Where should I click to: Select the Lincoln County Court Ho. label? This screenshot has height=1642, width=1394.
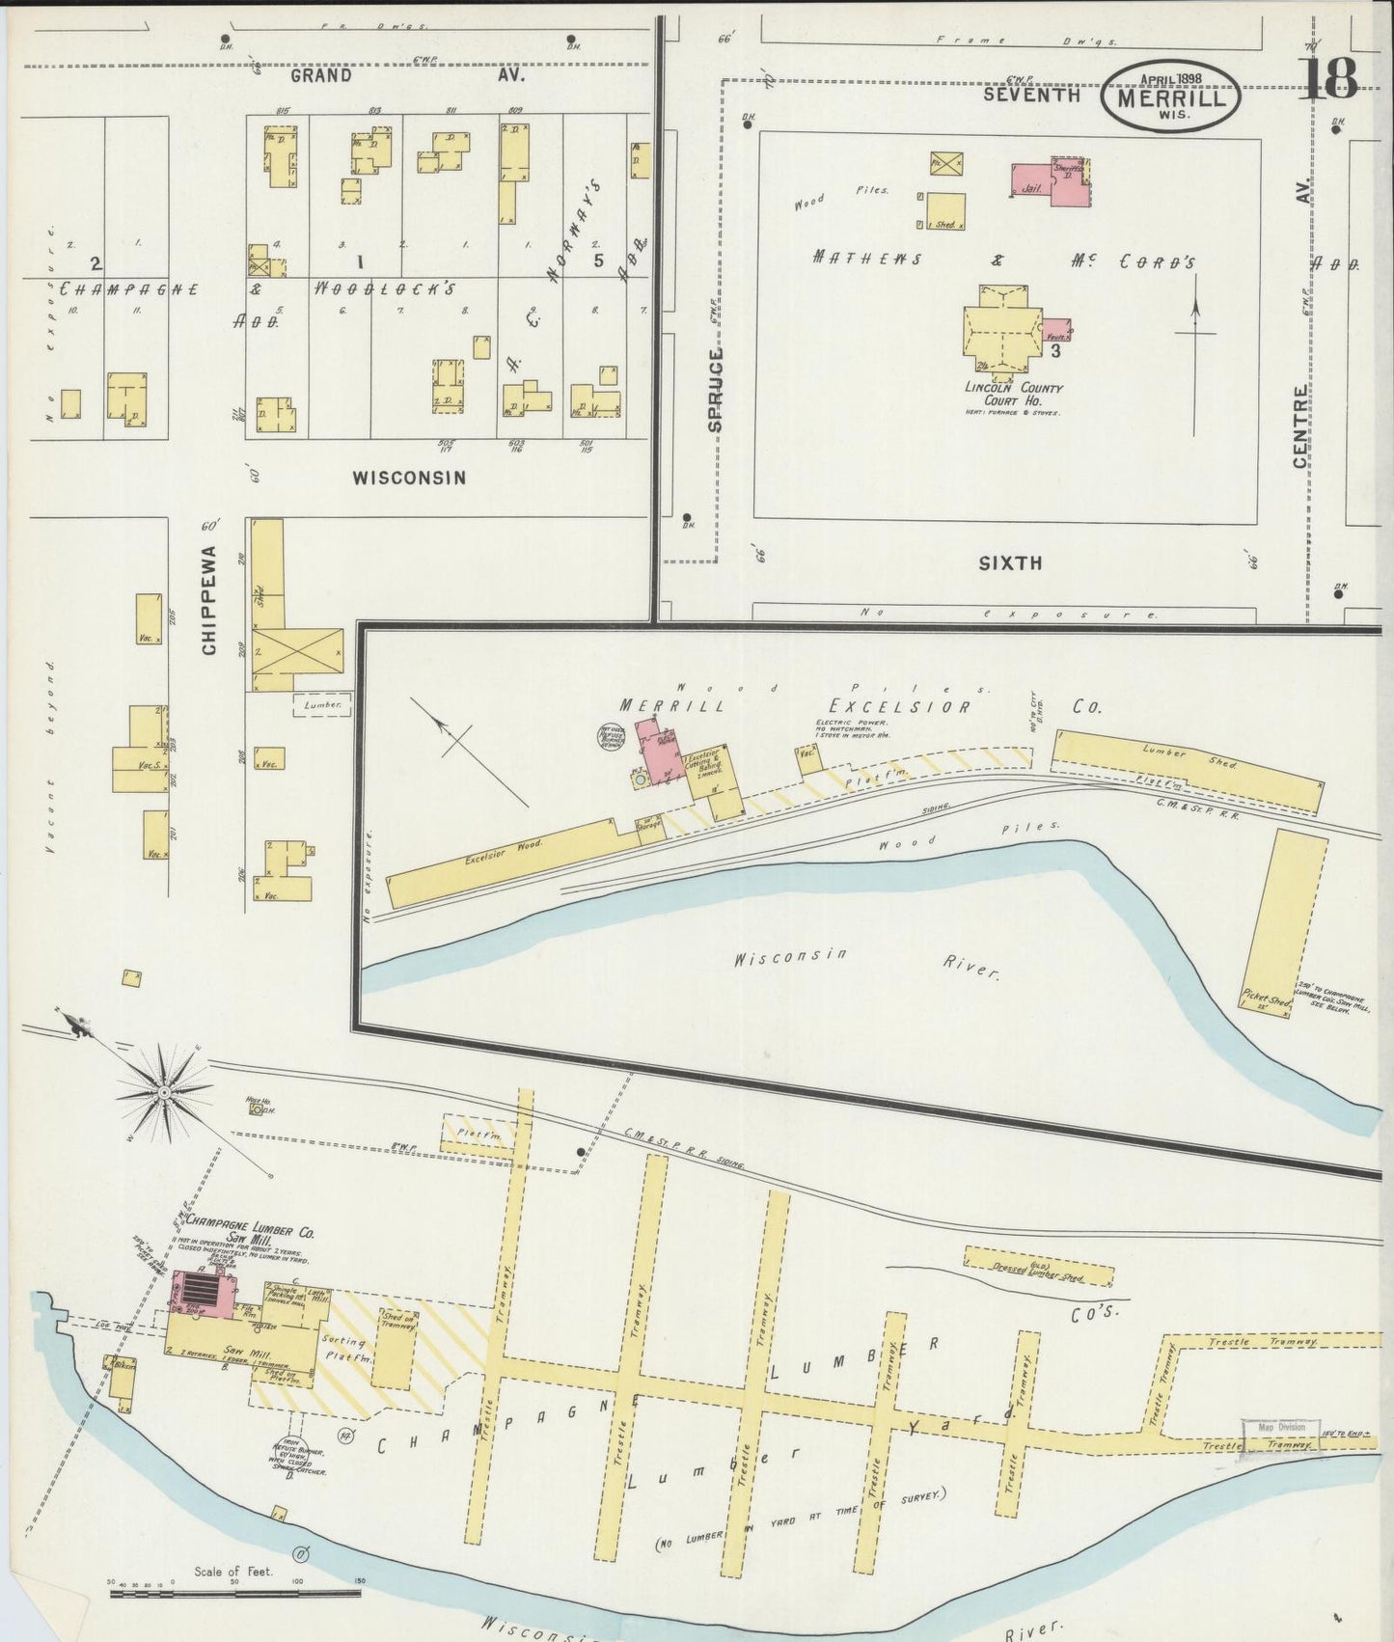(1014, 395)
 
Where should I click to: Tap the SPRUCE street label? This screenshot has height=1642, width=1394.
(715, 390)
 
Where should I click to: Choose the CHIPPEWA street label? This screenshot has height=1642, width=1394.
(209, 601)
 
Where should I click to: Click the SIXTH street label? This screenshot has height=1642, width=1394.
(1010, 562)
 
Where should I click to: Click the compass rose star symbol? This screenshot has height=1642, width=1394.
(164, 1091)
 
